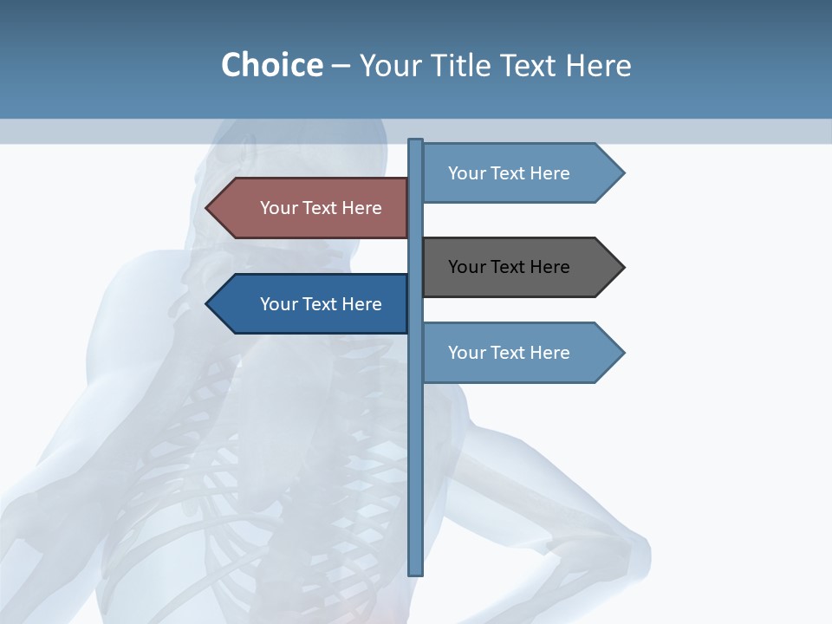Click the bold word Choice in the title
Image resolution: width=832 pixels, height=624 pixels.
271,65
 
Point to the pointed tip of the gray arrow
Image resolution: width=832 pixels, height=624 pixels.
622,267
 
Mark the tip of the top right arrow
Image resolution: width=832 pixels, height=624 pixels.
622,173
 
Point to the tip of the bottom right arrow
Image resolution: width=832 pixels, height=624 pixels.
622,353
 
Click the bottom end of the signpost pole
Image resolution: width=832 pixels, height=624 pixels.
416,572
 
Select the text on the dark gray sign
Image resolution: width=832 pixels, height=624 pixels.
509,267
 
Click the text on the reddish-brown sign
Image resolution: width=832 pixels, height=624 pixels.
321,208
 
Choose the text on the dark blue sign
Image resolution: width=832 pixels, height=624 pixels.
321,304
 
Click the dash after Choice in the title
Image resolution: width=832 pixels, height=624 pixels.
341,67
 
